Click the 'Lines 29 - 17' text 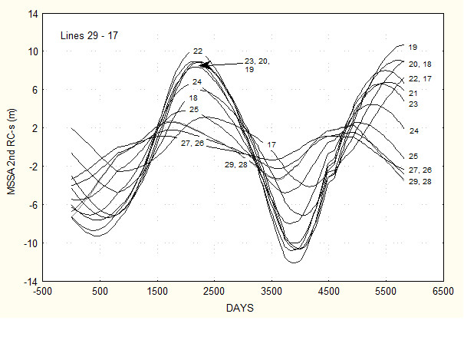(x=89, y=35)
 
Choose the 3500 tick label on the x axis (x=271, y=292)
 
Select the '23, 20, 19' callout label (x=257, y=65)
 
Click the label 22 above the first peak (x=198, y=51)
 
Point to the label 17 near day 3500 (x=271, y=144)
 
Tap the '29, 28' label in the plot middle (x=235, y=164)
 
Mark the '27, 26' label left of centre (x=193, y=144)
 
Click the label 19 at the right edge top (x=413, y=47)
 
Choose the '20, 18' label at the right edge (x=420, y=64)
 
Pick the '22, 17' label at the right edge (x=420, y=79)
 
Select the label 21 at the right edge (x=413, y=93)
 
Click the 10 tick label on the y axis (x=34, y=52)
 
